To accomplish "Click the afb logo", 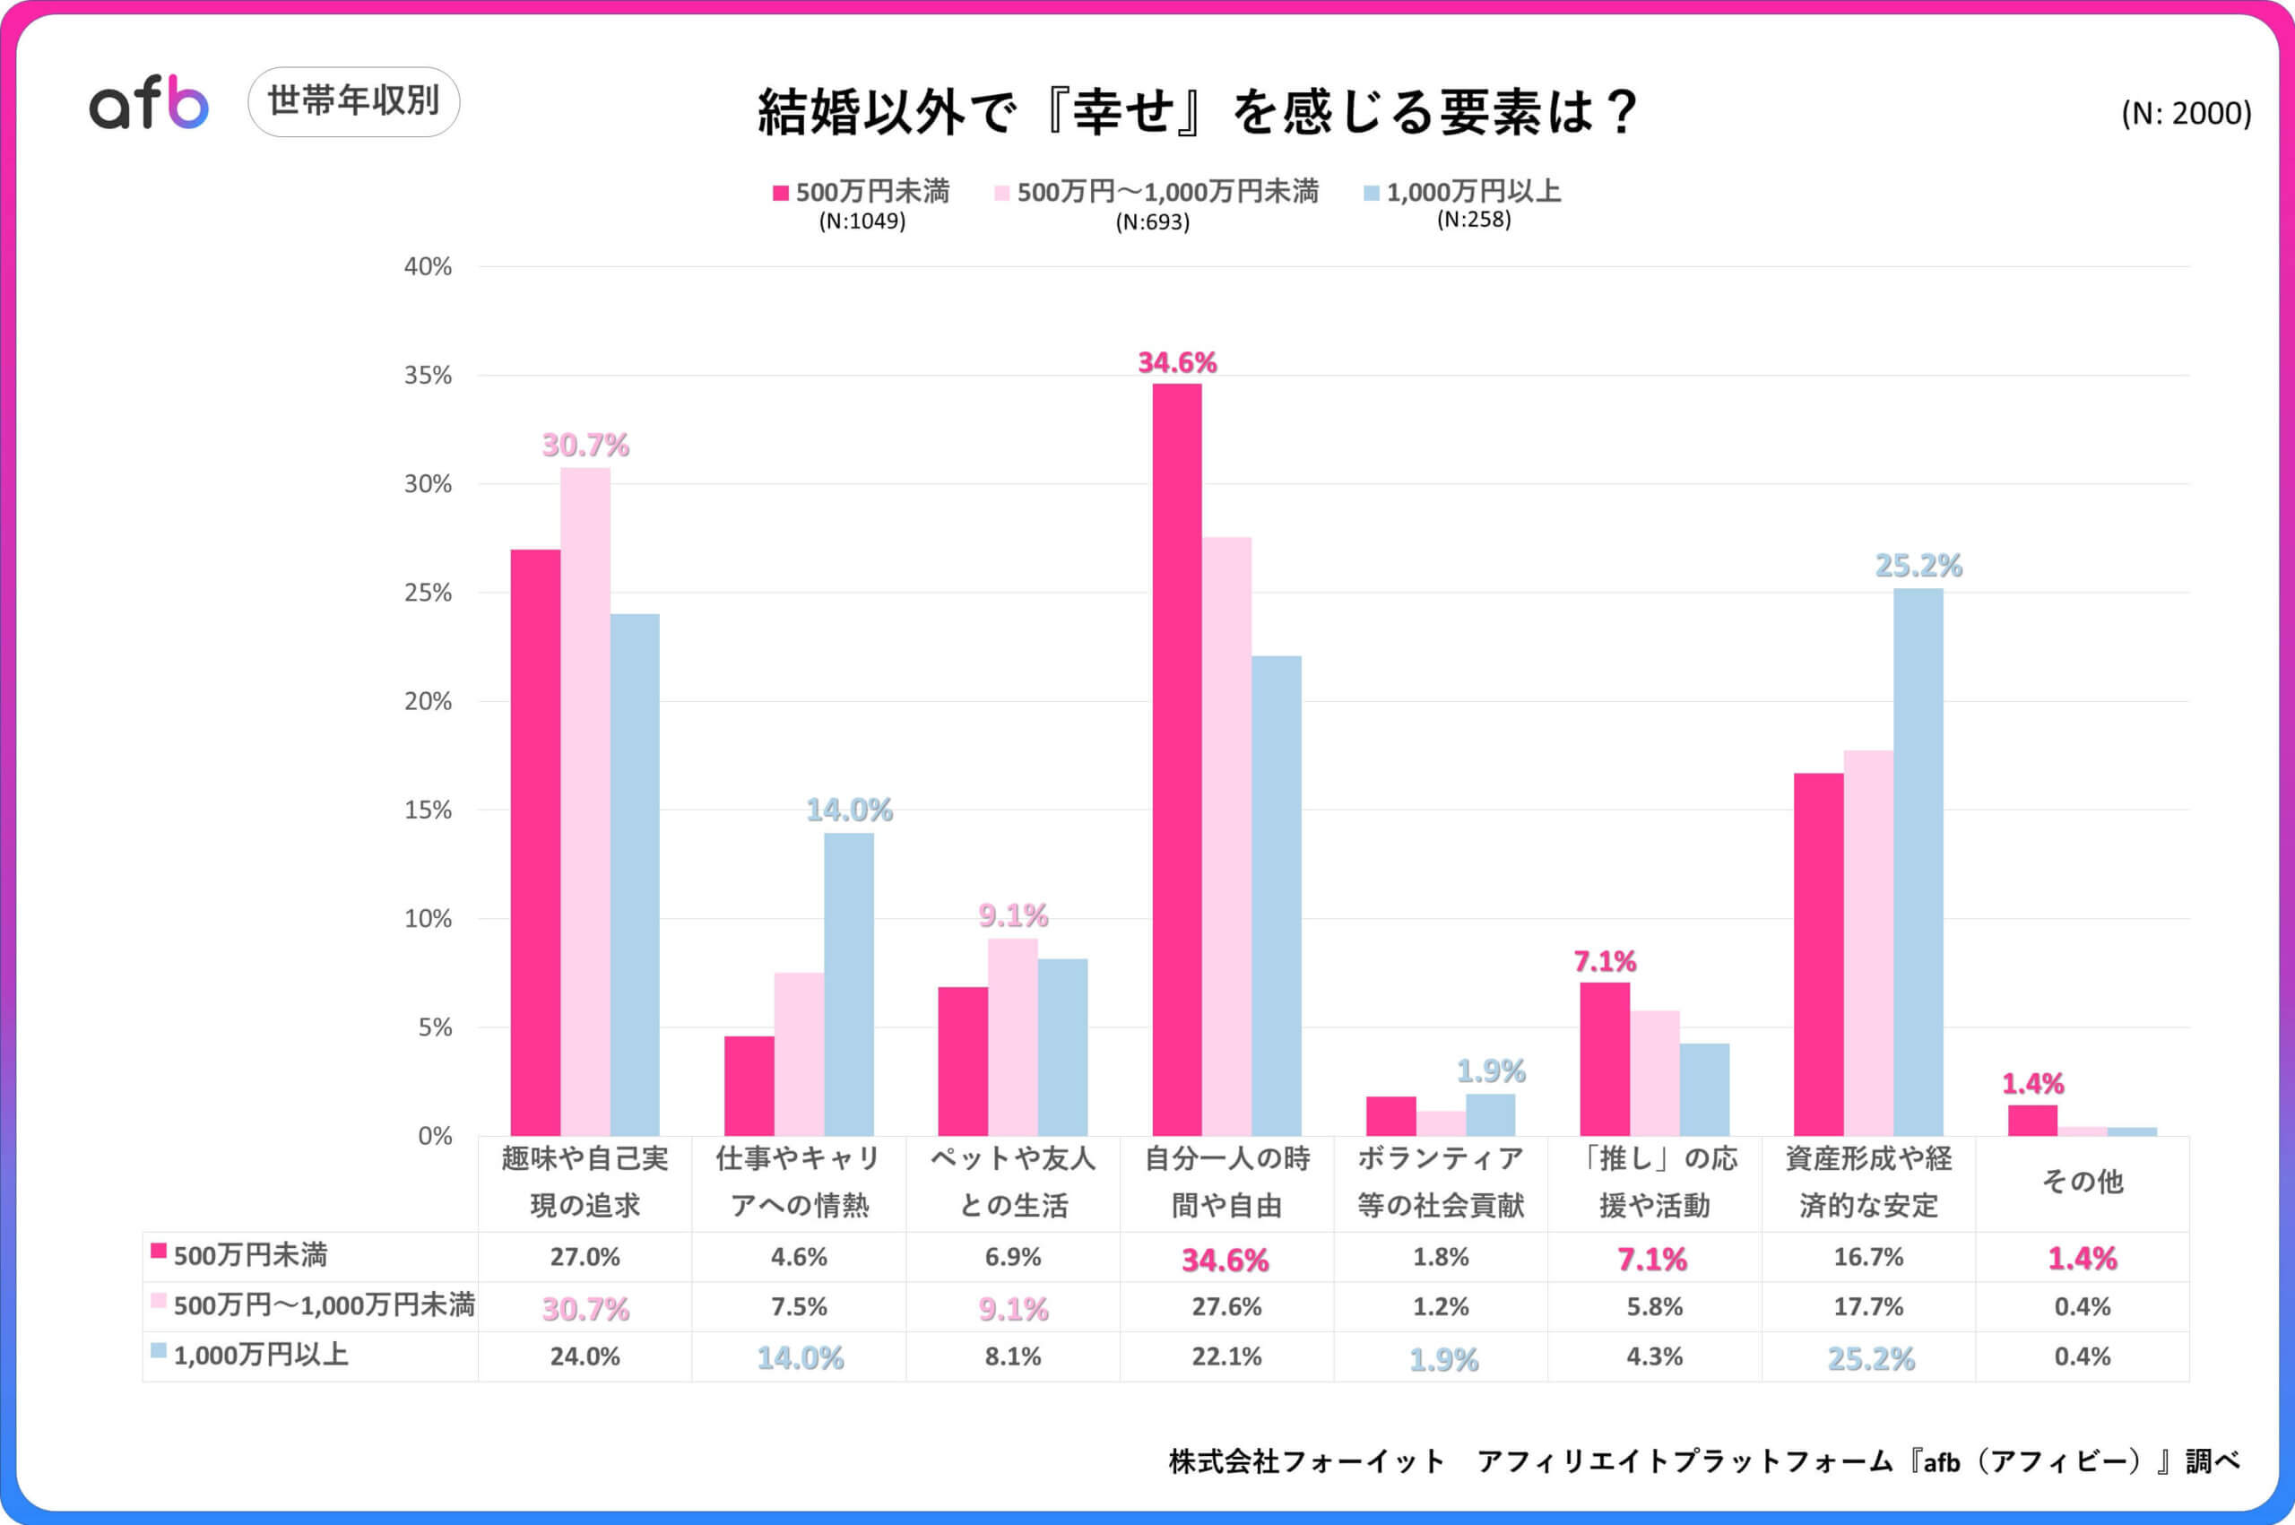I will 149,102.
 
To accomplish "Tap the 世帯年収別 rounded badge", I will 353,101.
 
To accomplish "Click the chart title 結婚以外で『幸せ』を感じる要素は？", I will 1198,113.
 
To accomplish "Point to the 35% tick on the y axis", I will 428,376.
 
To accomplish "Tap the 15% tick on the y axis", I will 428,810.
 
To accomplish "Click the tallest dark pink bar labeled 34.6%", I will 1177,758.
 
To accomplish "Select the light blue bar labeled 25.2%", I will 1918,862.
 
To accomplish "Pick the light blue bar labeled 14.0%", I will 849,984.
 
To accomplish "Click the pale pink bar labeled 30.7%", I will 585,801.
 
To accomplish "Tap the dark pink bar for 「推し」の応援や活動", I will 1605,1059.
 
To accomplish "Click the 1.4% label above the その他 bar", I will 2032,1083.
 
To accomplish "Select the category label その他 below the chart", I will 2082,1182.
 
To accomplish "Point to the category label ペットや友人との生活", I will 1012,1182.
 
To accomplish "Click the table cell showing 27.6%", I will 1226,1306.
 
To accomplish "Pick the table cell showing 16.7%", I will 1868,1257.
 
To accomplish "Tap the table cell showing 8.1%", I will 1012,1356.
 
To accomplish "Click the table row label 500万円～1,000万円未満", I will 323,1305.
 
